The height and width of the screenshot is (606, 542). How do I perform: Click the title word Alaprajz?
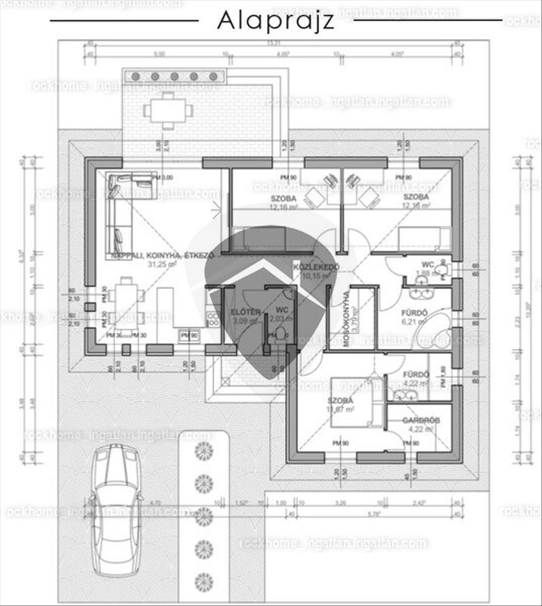pyautogui.click(x=275, y=21)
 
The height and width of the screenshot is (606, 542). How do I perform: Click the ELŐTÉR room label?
pyautogui.click(x=246, y=312)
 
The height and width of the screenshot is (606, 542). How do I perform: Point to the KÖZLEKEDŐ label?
pyautogui.click(x=316, y=267)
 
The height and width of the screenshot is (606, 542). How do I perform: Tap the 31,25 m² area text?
pyautogui.click(x=162, y=264)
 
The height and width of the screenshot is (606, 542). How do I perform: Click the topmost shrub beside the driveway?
pyautogui.click(x=204, y=450)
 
